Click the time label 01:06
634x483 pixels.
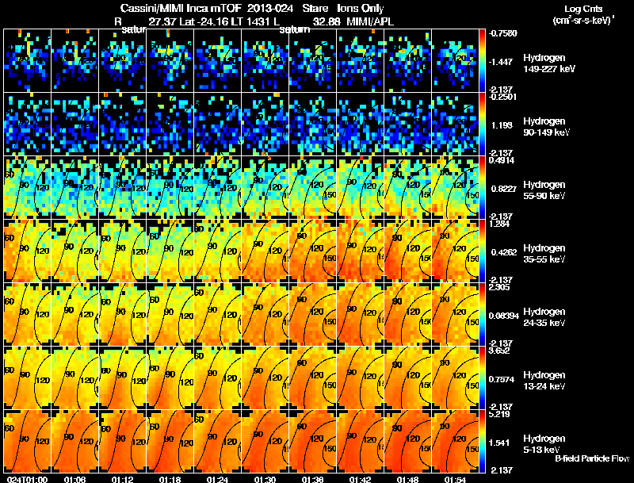pos(74,478)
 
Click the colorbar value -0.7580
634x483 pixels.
pos(505,33)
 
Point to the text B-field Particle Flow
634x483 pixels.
pos(591,458)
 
